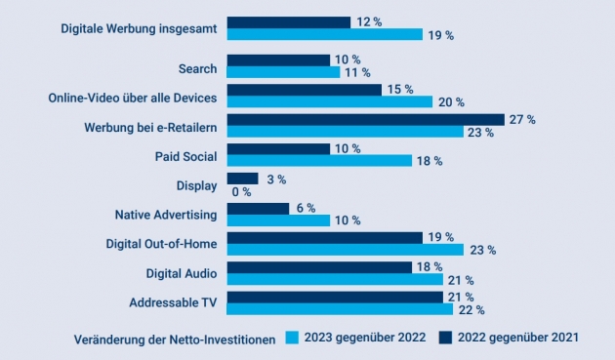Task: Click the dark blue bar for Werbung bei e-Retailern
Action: [x=365, y=120]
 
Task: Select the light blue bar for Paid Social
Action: [x=319, y=160]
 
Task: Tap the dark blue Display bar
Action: [x=242, y=179]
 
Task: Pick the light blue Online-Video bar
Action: [x=330, y=101]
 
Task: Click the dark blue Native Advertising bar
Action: [x=258, y=209]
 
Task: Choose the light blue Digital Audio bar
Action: [x=335, y=279]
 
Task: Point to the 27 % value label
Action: [x=522, y=119]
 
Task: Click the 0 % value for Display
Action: [x=241, y=192]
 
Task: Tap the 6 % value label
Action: [x=306, y=208]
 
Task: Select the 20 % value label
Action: [x=451, y=102]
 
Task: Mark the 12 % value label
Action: [x=369, y=22]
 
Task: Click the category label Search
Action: [x=197, y=68]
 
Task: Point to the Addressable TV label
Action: [x=173, y=302]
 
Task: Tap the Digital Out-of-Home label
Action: [x=161, y=244]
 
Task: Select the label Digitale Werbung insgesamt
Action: [x=139, y=28]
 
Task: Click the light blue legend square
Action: [x=292, y=338]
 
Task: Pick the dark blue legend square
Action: [x=445, y=338]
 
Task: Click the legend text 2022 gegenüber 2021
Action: [x=518, y=338]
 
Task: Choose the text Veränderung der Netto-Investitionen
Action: [x=175, y=340]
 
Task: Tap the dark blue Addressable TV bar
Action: [x=335, y=298]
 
